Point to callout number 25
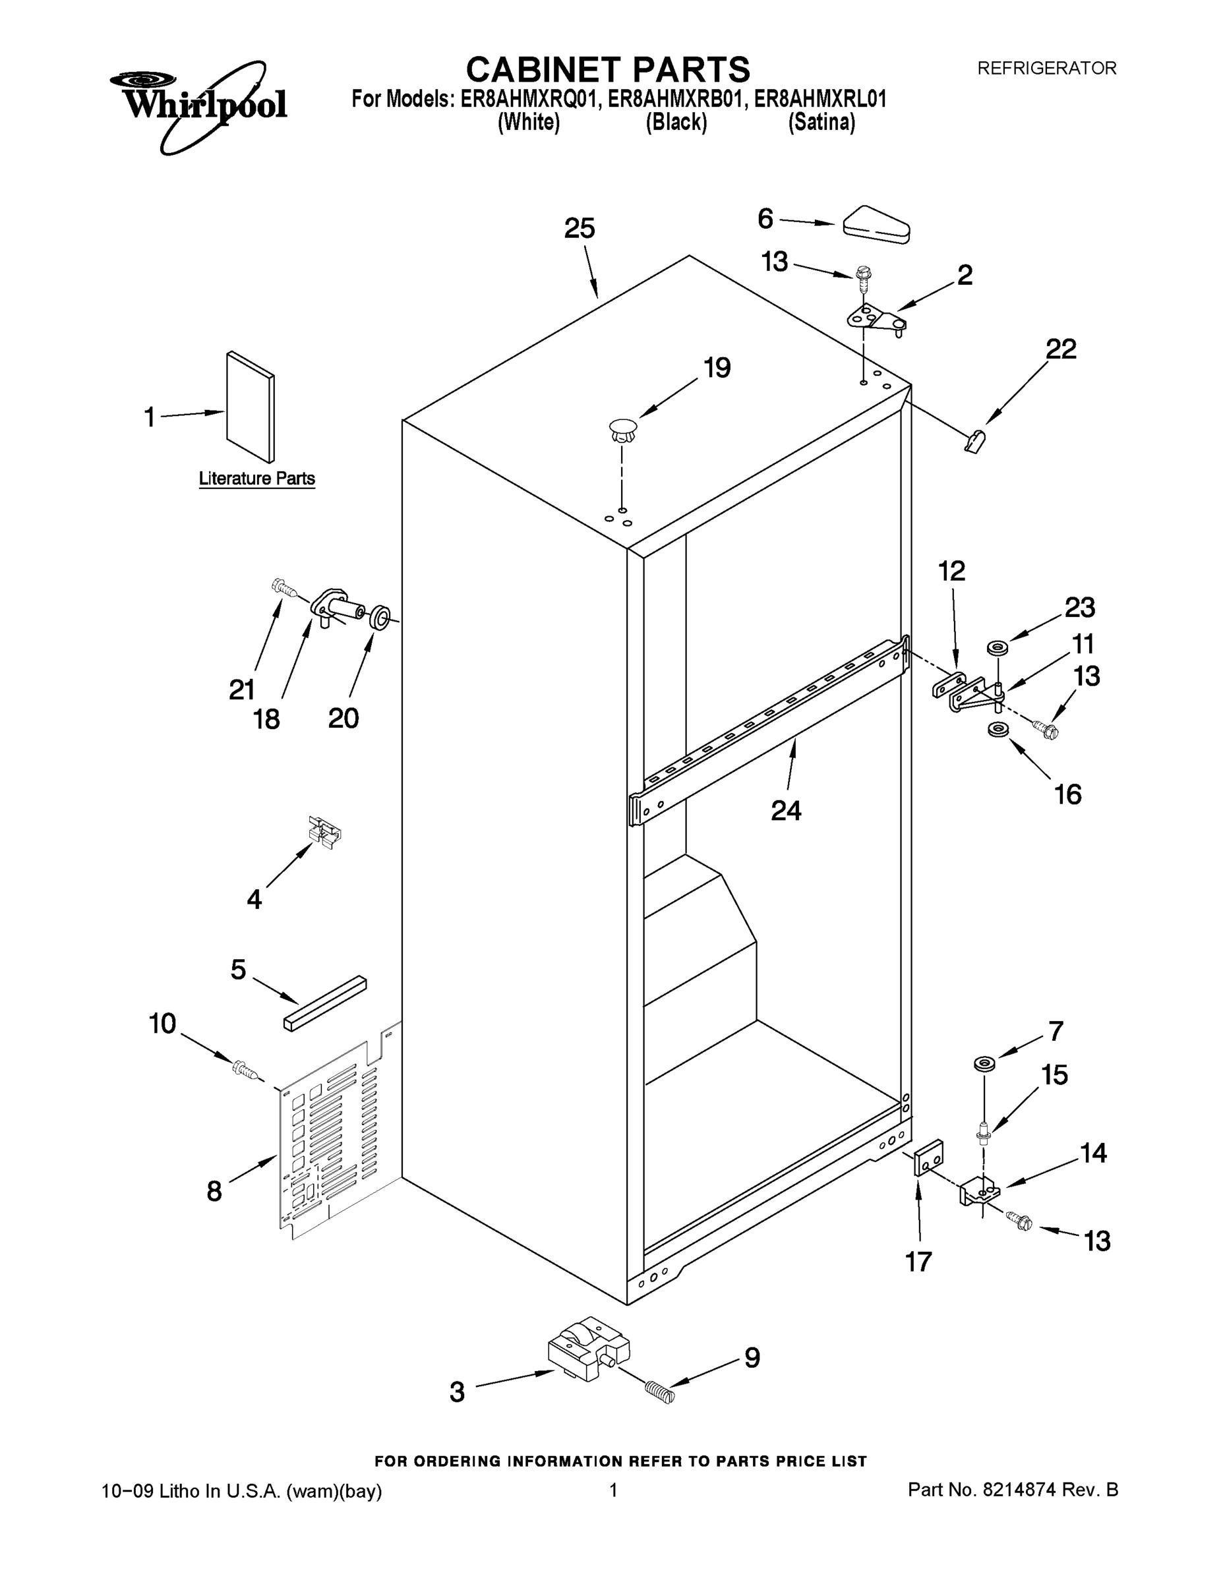(x=579, y=228)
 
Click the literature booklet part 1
(x=250, y=407)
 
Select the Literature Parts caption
(x=256, y=479)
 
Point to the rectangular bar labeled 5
(x=324, y=1003)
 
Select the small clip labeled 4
(x=324, y=832)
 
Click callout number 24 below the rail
(x=785, y=810)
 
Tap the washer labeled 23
(x=997, y=647)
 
